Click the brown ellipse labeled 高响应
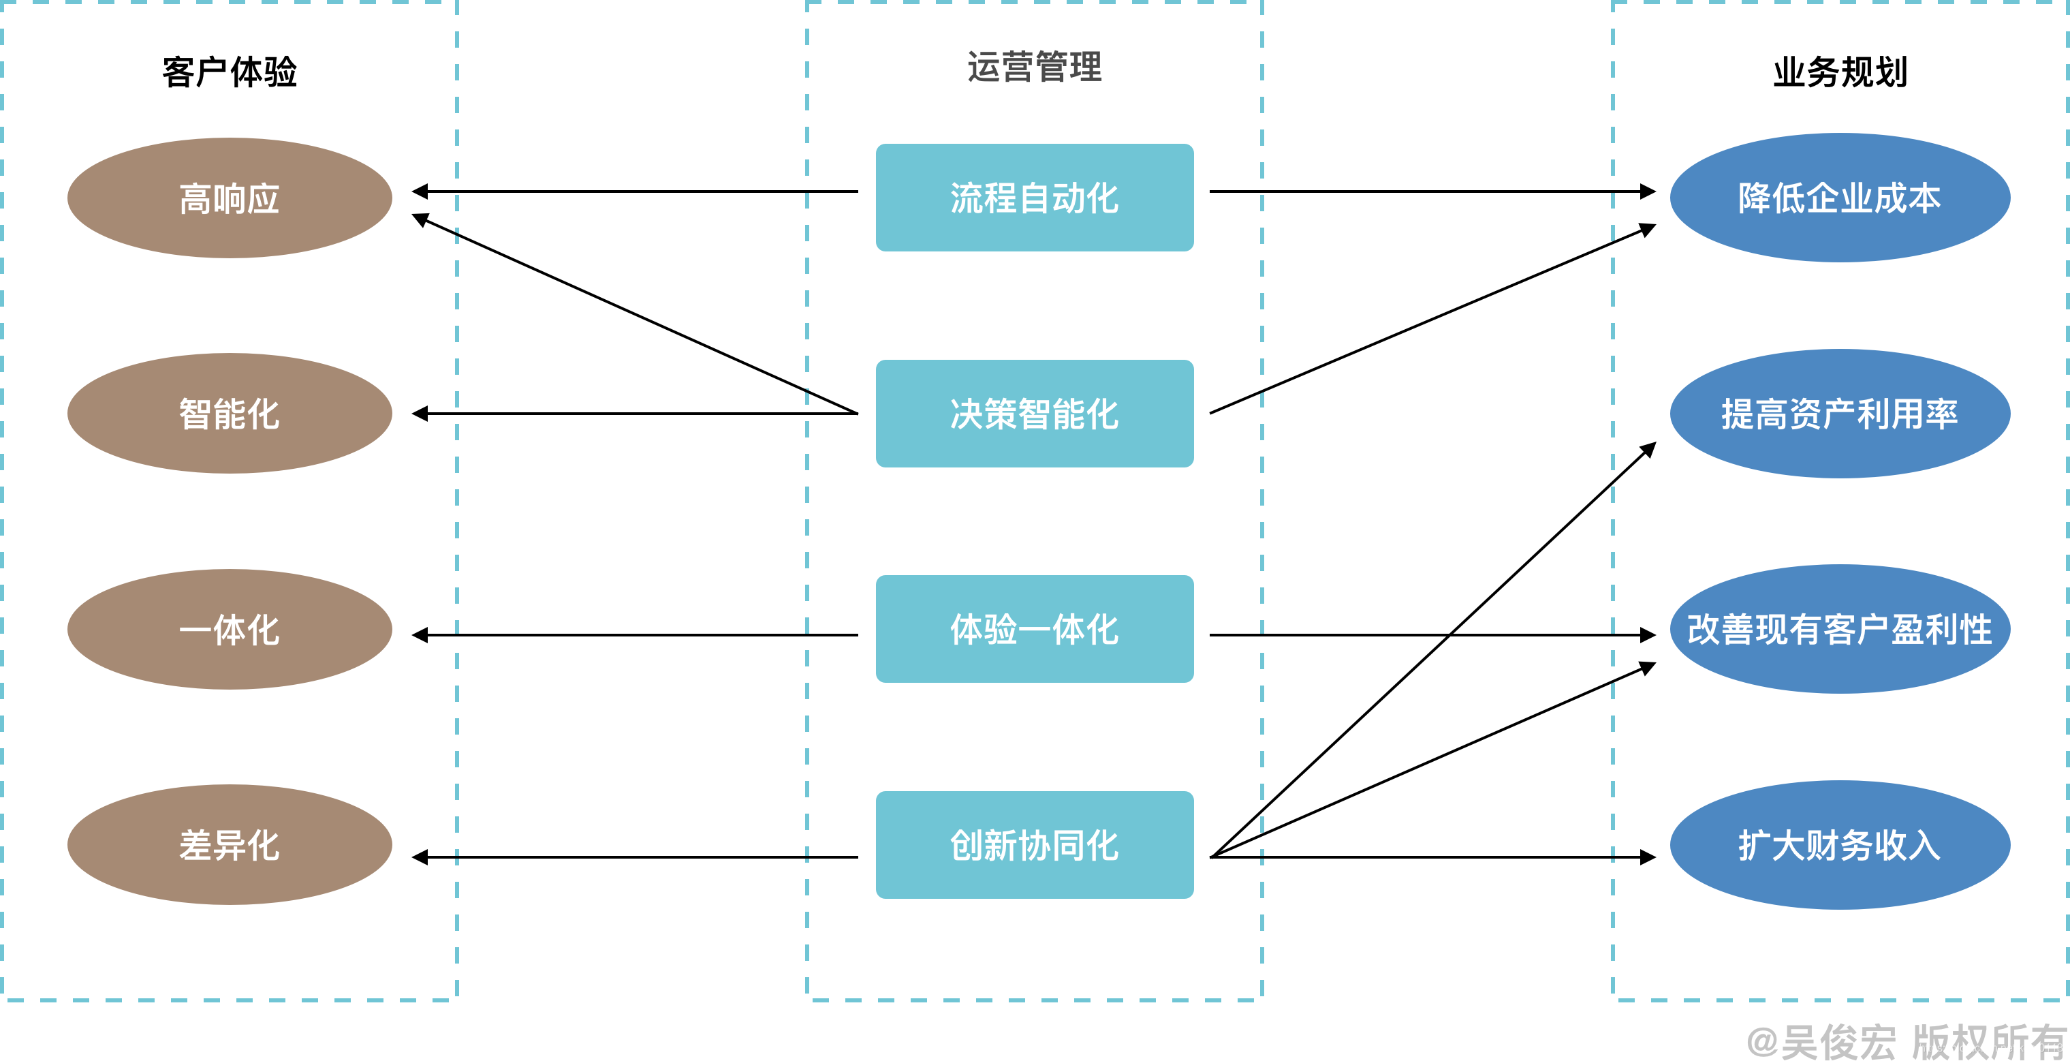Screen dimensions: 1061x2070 [x=230, y=198]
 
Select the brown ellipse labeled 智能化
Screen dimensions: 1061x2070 [x=230, y=413]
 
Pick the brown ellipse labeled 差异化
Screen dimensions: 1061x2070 [x=230, y=845]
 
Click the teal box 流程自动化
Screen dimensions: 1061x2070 [x=1034, y=198]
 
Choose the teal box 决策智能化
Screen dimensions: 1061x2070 [x=1034, y=413]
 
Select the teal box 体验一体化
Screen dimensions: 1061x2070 [x=1034, y=628]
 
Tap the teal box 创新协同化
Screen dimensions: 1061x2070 [x=1034, y=845]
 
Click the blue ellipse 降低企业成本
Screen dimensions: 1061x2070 [x=1839, y=198]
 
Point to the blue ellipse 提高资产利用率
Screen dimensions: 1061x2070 [x=1839, y=413]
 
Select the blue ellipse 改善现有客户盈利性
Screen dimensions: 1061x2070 [x=1839, y=628]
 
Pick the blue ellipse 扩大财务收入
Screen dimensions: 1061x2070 [x=1839, y=845]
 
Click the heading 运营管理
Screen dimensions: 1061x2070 [x=1034, y=67]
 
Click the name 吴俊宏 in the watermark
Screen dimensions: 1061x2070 [x=1838, y=1042]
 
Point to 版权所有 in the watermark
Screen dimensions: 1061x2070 [x=1988, y=1042]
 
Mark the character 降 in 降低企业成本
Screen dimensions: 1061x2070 [x=1755, y=198]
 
